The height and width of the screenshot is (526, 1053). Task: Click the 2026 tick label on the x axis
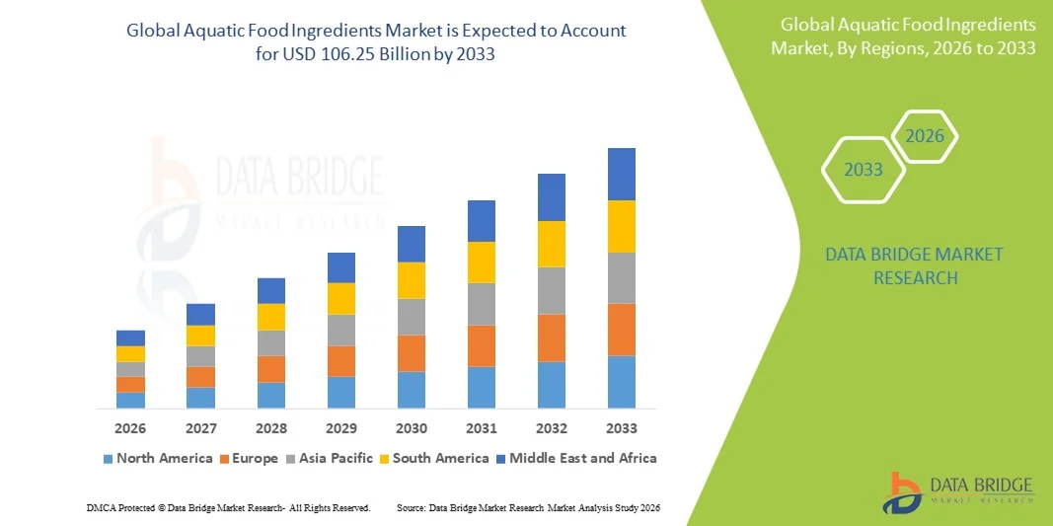pos(130,428)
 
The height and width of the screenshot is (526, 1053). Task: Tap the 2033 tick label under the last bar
pos(622,428)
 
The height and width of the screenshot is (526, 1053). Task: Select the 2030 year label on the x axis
pos(412,428)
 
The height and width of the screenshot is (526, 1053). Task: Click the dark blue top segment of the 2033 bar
pos(622,174)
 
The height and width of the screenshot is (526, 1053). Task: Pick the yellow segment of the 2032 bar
pos(552,244)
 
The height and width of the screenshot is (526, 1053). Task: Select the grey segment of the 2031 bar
pos(482,304)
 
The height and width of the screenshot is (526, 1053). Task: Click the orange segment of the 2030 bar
pos(412,353)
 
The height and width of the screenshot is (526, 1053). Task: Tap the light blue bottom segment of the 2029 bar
pos(341,392)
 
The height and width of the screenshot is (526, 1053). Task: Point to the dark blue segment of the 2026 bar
pos(130,338)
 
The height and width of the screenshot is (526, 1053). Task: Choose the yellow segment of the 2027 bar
pos(201,336)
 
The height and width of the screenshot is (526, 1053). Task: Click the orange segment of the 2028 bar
pos(271,368)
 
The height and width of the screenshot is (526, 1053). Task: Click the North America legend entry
pos(158,458)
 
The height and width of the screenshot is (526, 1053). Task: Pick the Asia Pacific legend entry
pos(330,458)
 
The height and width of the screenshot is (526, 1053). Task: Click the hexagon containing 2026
pos(925,136)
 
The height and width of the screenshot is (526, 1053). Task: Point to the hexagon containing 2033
pos(864,170)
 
